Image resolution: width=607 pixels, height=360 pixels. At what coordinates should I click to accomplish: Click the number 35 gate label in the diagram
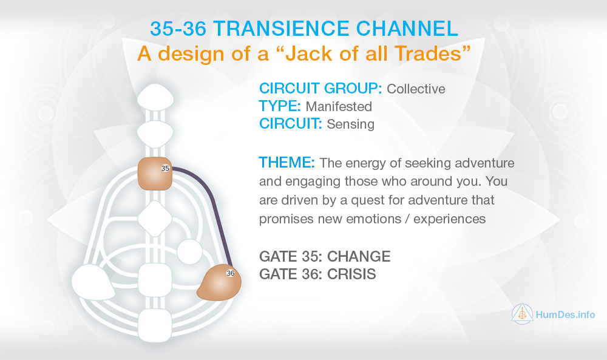coord(165,168)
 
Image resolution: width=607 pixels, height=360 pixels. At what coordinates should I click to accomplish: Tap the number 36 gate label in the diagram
coord(230,273)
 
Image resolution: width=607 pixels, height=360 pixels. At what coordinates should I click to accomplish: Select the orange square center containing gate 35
coord(155,174)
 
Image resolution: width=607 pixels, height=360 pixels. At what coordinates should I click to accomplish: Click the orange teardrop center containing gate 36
coord(219,282)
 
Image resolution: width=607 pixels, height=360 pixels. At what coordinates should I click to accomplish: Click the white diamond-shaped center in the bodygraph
coord(155,219)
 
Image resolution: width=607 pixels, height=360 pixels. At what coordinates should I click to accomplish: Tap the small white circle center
coord(189,252)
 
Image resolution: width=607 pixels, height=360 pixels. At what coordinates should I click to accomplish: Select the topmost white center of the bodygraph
coord(155,97)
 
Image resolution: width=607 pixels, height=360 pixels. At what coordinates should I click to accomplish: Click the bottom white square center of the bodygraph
coord(155,325)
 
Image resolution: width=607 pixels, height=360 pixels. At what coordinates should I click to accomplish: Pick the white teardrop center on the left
coord(93,282)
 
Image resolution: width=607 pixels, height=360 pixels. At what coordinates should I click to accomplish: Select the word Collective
coord(416,89)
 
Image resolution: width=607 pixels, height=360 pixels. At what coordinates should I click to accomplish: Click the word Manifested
coord(339,106)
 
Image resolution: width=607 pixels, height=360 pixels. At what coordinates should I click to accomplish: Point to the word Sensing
coord(350,124)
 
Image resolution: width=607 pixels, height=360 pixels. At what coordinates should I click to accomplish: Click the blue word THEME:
coord(287,163)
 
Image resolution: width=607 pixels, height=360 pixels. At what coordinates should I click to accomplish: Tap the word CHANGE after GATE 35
coord(359,256)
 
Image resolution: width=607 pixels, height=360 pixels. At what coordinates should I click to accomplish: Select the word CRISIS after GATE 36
coord(351,274)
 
